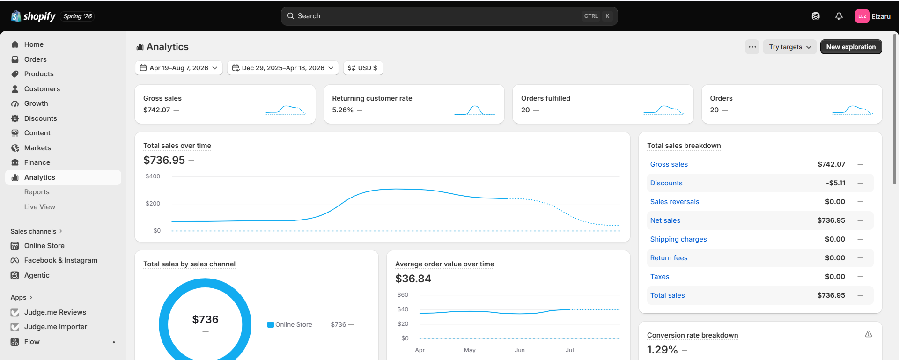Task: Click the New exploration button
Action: click(851, 47)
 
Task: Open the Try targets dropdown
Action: click(790, 47)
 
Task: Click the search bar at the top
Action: click(449, 16)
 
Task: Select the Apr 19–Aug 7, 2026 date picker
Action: click(179, 68)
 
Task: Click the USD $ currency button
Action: click(363, 68)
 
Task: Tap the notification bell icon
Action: click(839, 16)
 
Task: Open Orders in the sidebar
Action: click(36, 59)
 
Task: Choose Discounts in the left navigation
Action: click(41, 118)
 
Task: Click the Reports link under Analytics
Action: click(37, 192)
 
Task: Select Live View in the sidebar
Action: click(40, 207)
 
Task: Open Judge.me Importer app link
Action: click(56, 327)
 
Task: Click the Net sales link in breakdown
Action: click(665, 220)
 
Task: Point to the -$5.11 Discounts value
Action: click(836, 183)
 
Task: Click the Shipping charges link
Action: click(678, 239)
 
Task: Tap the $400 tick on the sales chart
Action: click(153, 176)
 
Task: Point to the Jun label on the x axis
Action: click(520, 350)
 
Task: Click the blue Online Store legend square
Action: click(271, 325)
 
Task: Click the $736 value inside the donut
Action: click(205, 319)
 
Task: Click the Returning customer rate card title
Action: click(372, 98)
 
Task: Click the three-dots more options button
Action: click(752, 47)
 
